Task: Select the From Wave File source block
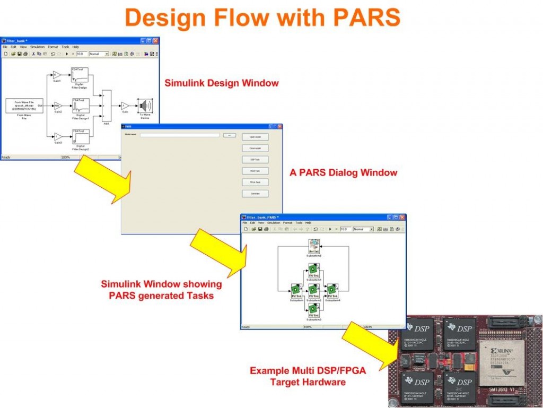tap(24, 105)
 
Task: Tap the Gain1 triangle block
tap(57, 75)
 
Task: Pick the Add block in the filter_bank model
tap(106, 105)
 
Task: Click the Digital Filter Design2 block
tap(81, 137)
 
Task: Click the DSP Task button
tap(255, 159)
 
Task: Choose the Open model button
tap(255, 136)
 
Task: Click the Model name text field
tap(179, 135)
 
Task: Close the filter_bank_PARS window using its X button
tap(402, 218)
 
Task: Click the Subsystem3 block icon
tap(313, 308)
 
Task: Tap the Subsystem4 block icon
tap(332, 289)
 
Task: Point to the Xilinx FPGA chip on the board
tap(501, 362)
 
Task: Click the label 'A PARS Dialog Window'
tap(343, 172)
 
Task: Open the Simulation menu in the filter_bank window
tap(37, 47)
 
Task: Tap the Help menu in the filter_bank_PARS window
tap(308, 223)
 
